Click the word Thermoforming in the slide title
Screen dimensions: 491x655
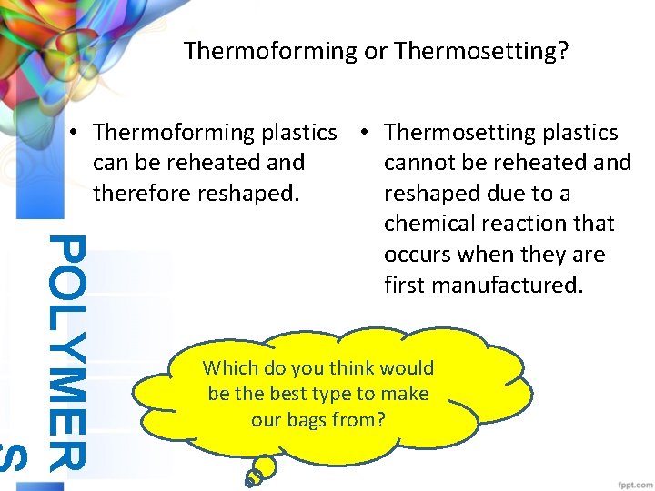pos(271,51)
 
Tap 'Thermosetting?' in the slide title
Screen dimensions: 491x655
pos(482,51)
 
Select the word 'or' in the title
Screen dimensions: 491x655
pos(375,51)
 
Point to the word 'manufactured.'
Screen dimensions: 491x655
pos(504,286)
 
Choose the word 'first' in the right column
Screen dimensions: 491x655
pos(404,286)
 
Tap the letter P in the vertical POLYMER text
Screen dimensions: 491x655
pos(66,249)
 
